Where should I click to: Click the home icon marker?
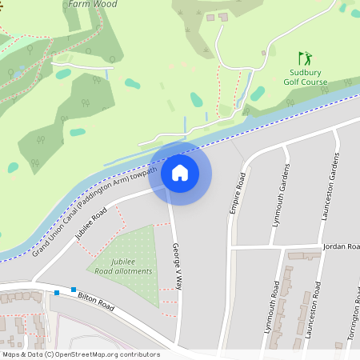(x=179, y=172)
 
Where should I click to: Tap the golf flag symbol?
(x=304, y=58)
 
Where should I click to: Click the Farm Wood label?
(x=93, y=4)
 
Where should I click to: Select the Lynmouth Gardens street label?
(x=280, y=195)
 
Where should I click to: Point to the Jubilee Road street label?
(x=90, y=224)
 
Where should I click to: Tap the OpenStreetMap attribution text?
(x=81, y=354)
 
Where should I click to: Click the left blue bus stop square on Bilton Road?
(x=57, y=293)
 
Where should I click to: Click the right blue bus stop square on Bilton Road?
(x=74, y=289)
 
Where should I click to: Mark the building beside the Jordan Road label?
(x=304, y=256)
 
